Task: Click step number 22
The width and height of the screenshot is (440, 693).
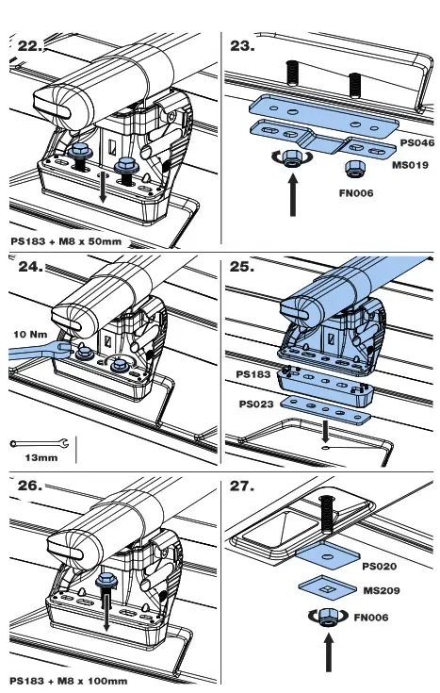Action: pos(30,46)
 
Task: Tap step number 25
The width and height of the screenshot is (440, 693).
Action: pos(241,267)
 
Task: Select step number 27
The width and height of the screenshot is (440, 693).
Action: pos(241,487)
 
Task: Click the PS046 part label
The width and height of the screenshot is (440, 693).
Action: pos(416,142)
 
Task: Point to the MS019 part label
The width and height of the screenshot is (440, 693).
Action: pos(410,165)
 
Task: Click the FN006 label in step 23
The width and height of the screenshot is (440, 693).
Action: pos(356,193)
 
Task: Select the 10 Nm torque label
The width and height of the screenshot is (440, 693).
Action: pos(30,334)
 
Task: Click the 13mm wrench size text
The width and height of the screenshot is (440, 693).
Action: pos(41,457)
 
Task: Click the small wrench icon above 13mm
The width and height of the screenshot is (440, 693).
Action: pos(40,443)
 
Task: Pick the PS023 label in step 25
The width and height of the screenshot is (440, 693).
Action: pos(255,404)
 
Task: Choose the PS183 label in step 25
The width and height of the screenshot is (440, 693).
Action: pos(253,374)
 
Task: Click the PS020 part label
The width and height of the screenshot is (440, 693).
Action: pos(379,567)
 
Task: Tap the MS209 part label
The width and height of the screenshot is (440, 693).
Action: pos(382,590)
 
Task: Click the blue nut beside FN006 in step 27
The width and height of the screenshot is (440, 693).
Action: pos(328,617)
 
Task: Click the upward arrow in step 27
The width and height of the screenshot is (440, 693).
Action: pos(328,653)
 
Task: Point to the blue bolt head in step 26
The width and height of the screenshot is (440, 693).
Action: pos(106,580)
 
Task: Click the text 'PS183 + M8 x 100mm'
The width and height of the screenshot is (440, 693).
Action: pos(69,681)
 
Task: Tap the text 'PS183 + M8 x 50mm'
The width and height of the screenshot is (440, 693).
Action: pos(66,241)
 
